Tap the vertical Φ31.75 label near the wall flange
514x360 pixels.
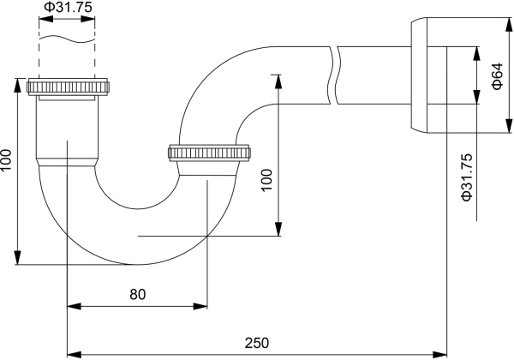(x=467, y=177)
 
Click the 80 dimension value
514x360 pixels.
(x=137, y=294)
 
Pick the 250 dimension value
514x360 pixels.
(x=256, y=343)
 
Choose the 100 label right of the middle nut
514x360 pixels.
(x=266, y=178)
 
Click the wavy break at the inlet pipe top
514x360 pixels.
(x=66, y=38)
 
